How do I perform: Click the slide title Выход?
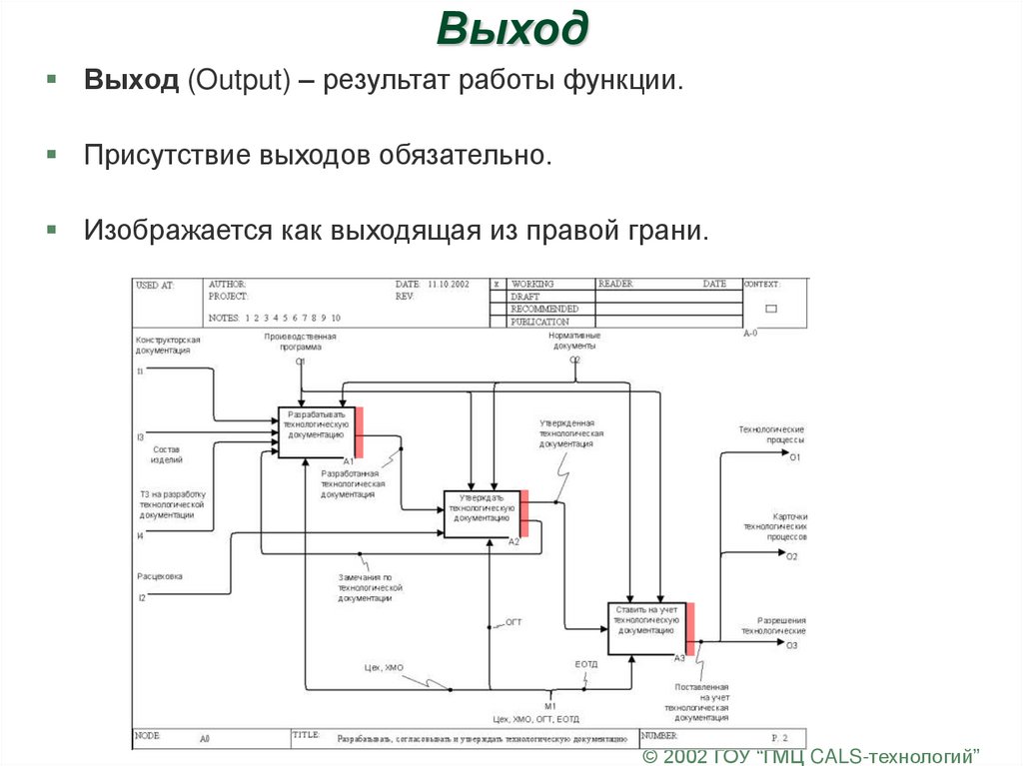pyautogui.click(x=511, y=29)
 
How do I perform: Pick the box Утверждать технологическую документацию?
pyautogui.click(x=482, y=513)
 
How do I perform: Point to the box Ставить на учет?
pyautogui.click(x=646, y=628)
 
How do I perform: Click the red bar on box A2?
pyautogui.click(x=524, y=514)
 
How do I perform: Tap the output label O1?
pyautogui.click(x=795, y=457)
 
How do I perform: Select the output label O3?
pyautogui.click(x=791, y=646)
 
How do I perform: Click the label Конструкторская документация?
pyautogui.click(x=169, y=346)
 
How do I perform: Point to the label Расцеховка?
pyautogui.click(x=160, y=576)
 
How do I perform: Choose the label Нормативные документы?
pyautogui.click(x=574, y=341)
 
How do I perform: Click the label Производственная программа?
pyautogui.click(x=300, y=343)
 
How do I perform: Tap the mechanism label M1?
pyautogui.click(x=549, y=706)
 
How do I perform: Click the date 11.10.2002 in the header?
pyautogui.click(x=448, y=285)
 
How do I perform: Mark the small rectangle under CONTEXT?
pyautogui.click(x=770, y=309)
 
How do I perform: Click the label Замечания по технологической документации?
pyautogui.click(x=364, y=587)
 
